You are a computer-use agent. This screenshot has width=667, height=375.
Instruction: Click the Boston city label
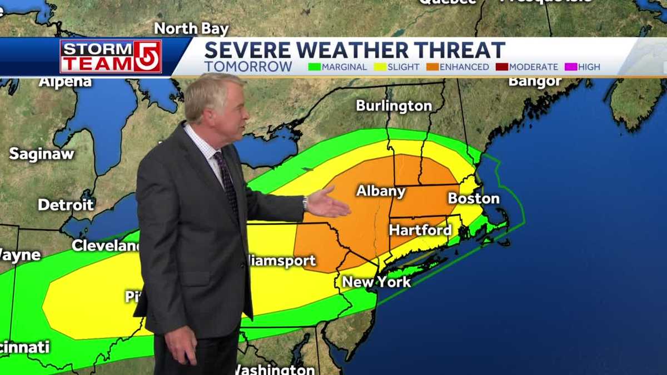474,198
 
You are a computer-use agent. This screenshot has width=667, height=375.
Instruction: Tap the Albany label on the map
381,191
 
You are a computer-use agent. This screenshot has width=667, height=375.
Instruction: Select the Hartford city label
420,230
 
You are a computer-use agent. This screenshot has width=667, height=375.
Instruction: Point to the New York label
376,282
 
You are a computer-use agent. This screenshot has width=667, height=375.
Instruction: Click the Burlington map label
394,106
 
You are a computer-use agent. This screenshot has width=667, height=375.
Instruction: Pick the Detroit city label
66,204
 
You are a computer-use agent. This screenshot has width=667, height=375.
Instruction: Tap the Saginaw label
42,154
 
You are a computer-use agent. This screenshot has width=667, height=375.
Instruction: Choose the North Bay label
191,28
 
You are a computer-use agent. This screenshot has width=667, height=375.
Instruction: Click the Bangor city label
535,82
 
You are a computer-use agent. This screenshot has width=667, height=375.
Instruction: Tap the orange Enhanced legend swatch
432,67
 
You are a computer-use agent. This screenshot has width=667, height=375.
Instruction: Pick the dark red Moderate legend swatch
502,67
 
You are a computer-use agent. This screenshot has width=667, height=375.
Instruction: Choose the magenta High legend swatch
571,67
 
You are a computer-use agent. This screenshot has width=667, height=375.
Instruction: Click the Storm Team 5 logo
111,56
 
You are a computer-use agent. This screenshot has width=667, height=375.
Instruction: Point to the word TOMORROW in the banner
248,67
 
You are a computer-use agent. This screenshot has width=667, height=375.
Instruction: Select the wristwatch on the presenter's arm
305,203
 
